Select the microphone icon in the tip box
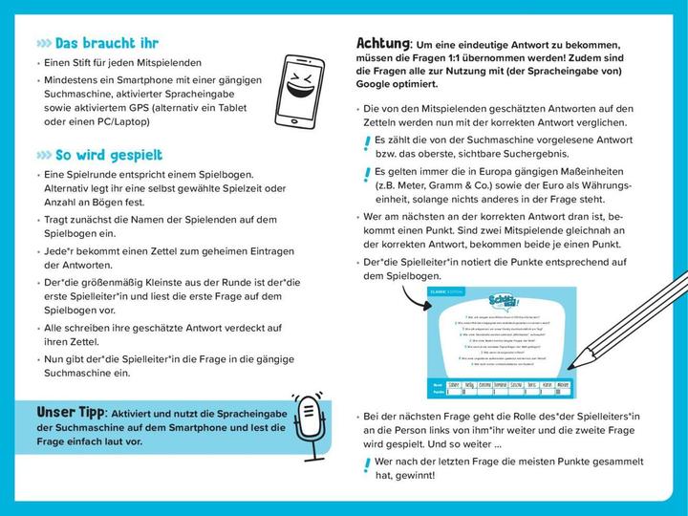310,420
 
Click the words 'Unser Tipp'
68,411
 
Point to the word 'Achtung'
383,44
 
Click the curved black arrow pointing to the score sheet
405,295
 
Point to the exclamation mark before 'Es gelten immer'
367,175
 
